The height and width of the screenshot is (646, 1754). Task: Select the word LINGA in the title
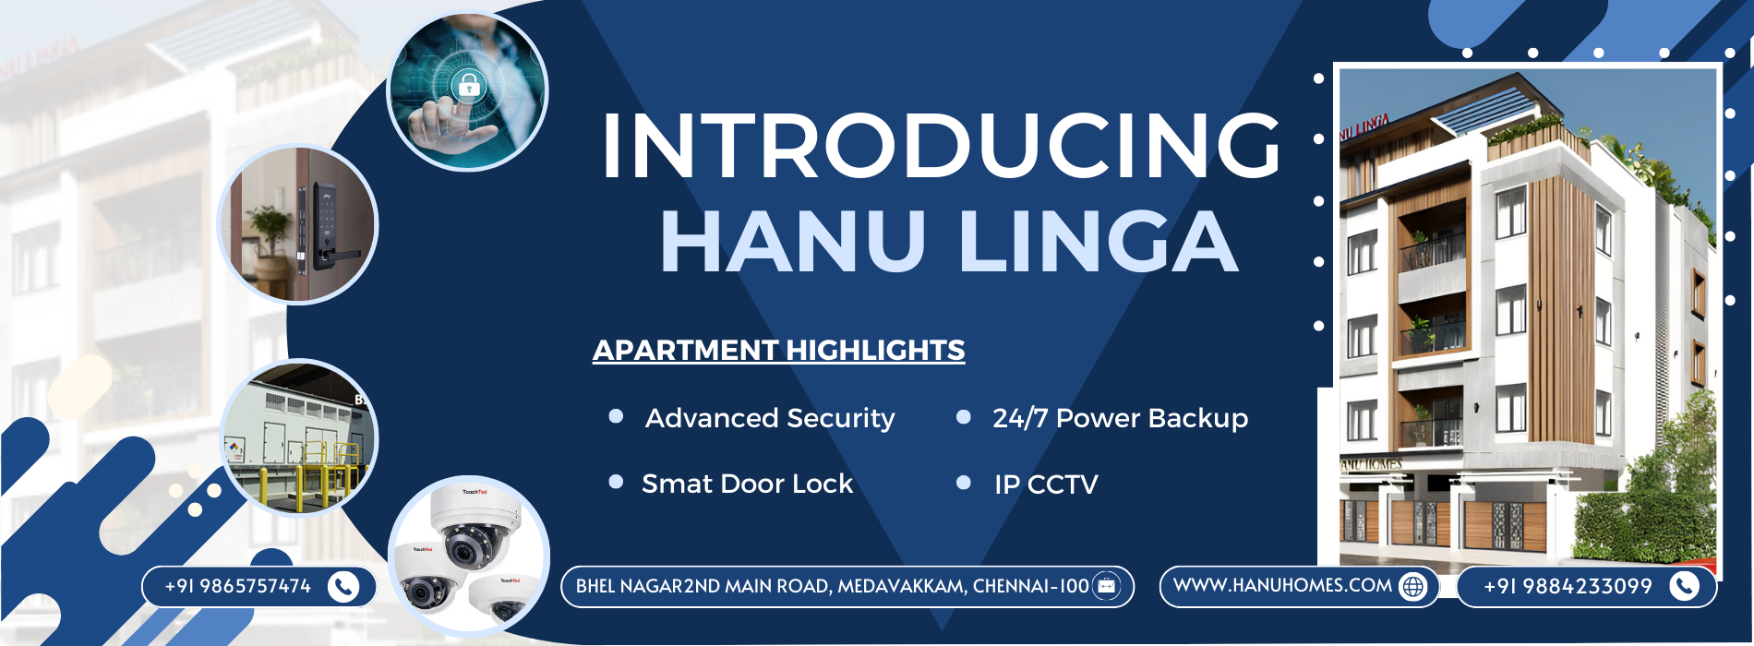point(1099,242)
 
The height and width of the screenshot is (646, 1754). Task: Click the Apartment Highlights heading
point(778,351)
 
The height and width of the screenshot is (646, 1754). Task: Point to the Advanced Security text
point(770,418)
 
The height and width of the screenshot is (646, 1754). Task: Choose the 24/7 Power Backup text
point(1120,418)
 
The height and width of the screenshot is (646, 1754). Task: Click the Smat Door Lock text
point(747,484)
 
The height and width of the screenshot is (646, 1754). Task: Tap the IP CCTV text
point(1046,484)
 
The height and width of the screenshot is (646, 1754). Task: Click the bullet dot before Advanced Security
point(616,416)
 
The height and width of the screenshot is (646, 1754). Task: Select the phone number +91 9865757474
point(237,586)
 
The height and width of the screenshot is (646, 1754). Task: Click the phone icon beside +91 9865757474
point(343,587)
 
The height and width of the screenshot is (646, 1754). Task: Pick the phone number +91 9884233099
point(1568,586)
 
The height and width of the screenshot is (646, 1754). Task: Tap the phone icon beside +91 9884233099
point(1685,586)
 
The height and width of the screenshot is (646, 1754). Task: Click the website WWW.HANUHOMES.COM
point(1282,585)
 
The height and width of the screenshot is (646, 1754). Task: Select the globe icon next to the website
point(1413,586)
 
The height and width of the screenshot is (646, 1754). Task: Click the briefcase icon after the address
point(1106,586)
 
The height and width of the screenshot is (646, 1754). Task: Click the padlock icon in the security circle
point(469,87)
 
